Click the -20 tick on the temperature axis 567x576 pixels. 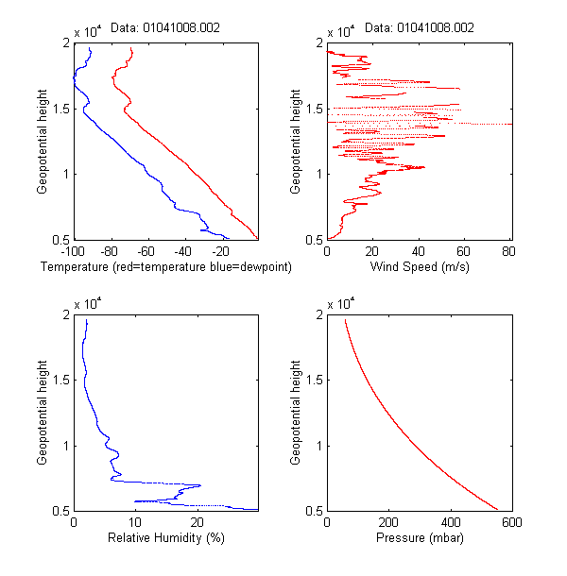tap(221, 252)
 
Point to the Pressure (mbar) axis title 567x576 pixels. tap(419, 539)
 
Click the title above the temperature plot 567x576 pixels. tap(166, 28)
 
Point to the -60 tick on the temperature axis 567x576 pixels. tap(146, 252)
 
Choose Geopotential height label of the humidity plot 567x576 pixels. tap(43, 413)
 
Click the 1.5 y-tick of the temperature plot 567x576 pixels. tap(60, 109)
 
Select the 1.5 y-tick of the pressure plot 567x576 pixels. tap(314, 381)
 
